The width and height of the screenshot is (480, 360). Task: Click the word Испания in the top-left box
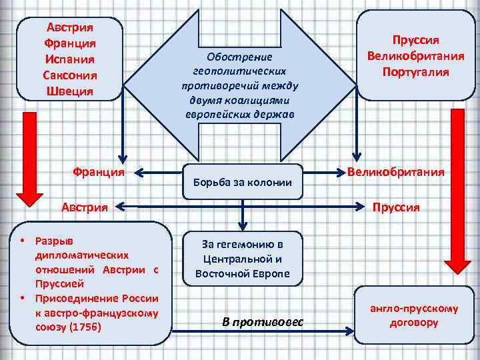[69, 59]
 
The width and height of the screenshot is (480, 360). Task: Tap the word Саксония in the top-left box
[69, 74]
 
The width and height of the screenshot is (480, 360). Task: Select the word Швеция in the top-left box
[69, 90]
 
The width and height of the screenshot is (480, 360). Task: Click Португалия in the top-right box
[415, 71]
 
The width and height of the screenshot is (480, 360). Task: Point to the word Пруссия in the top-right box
[415, 41]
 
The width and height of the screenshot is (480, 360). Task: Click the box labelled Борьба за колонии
[242, 181]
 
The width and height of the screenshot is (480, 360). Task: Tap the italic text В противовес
[262, 322]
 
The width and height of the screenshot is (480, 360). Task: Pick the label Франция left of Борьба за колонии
[97, 171]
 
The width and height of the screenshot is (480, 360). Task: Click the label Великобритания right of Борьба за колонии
[396, 172]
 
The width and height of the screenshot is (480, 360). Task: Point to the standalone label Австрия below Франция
[85, 207]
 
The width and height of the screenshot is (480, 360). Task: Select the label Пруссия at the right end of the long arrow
[396, 207]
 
